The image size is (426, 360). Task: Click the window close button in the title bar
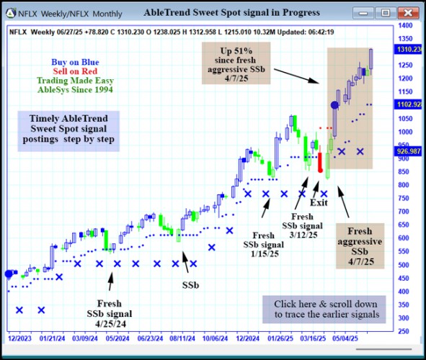[409, 13]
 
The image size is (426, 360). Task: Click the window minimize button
[365, 13]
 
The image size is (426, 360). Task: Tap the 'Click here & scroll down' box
[325, 310]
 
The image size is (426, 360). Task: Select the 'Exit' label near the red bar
[319, 203]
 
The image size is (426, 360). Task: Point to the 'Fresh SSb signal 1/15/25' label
[263, 245]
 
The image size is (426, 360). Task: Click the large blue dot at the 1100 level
[334, 105]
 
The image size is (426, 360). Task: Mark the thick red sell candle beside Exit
[320, 161]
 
